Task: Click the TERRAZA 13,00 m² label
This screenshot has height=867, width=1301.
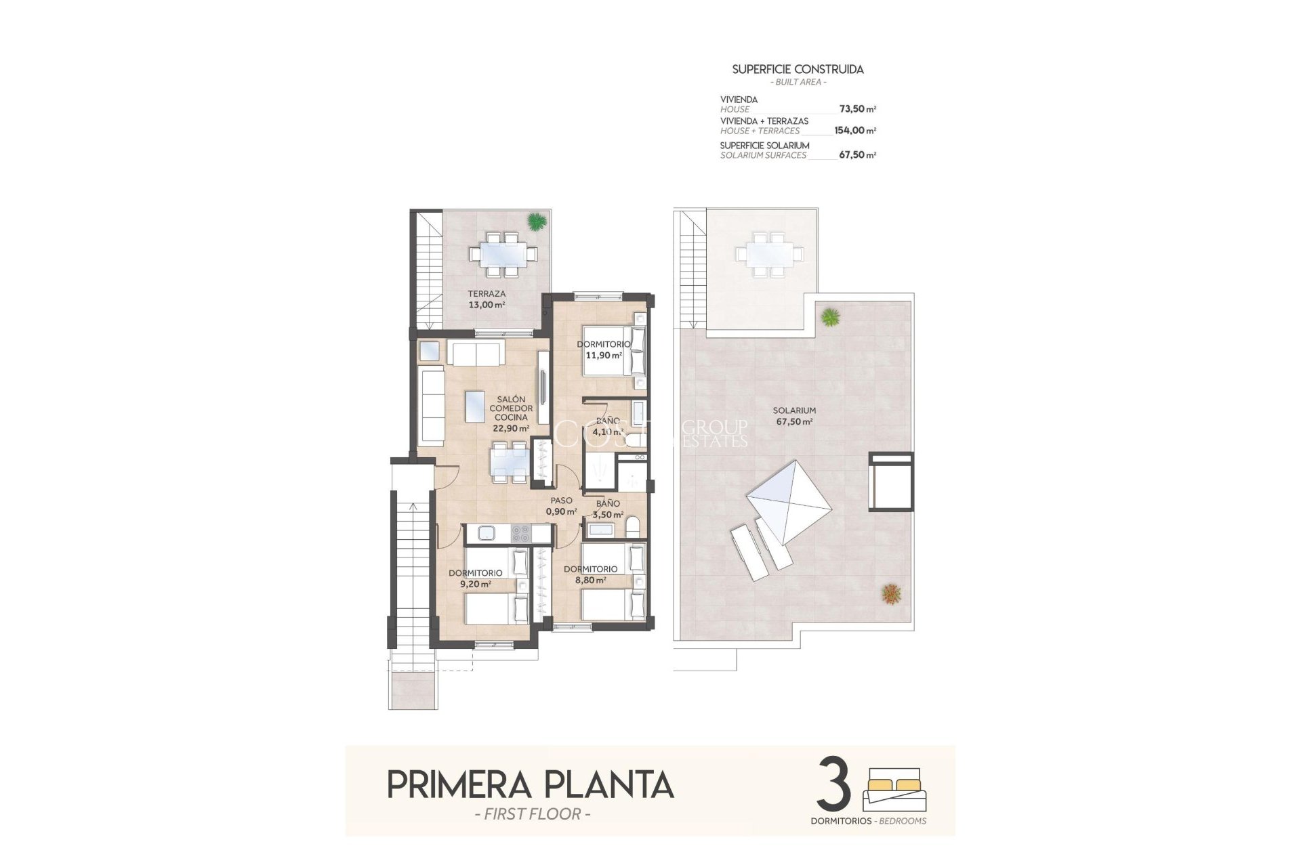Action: click(x=487, y=299)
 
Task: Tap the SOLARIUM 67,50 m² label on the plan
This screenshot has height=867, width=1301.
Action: click(x=794, y=416)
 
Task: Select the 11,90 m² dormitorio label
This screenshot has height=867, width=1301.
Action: click(x=603, y=350)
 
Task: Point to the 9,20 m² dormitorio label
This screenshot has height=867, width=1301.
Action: click(x=475, y=578)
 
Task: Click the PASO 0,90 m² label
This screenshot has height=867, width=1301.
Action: click(x=561, y=506)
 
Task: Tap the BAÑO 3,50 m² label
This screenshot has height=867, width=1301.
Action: click(x=608, y=509)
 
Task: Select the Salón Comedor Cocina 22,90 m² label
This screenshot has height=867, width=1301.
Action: click(x=511, y=414)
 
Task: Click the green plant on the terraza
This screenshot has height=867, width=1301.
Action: click(x=537, y=221)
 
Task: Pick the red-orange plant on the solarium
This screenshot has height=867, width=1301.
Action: click(x=892, y=594)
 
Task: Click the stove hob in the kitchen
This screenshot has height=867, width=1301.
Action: click(x=520, y=534)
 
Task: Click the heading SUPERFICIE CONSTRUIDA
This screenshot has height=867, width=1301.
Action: click(x=798, y=69)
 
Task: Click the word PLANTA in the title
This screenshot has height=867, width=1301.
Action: click(x=608, y=785)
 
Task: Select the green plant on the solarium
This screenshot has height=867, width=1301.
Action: click(x=830, y=316)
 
